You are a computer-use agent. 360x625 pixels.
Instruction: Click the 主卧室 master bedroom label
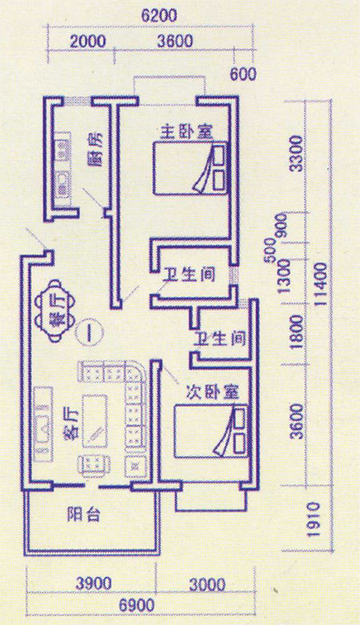(186, 132)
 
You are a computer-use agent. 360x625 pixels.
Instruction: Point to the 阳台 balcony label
(83, 515)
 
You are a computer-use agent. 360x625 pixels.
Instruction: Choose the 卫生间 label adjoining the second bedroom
(220, 339)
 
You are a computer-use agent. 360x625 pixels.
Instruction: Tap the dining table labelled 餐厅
(55, 311)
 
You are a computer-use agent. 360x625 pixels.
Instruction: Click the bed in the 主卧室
(190, 167)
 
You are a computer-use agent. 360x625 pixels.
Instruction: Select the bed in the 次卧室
(211, 431)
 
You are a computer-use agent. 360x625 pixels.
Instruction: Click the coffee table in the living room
(95, 421)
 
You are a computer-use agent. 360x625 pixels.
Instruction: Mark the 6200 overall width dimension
(159, 17)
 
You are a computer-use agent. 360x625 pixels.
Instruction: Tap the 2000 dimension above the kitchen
(88, 42)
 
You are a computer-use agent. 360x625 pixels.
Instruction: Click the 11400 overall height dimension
(320, 284)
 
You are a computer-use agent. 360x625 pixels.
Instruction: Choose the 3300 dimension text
(297, 153)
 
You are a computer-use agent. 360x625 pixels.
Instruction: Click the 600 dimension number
(242, 74)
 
